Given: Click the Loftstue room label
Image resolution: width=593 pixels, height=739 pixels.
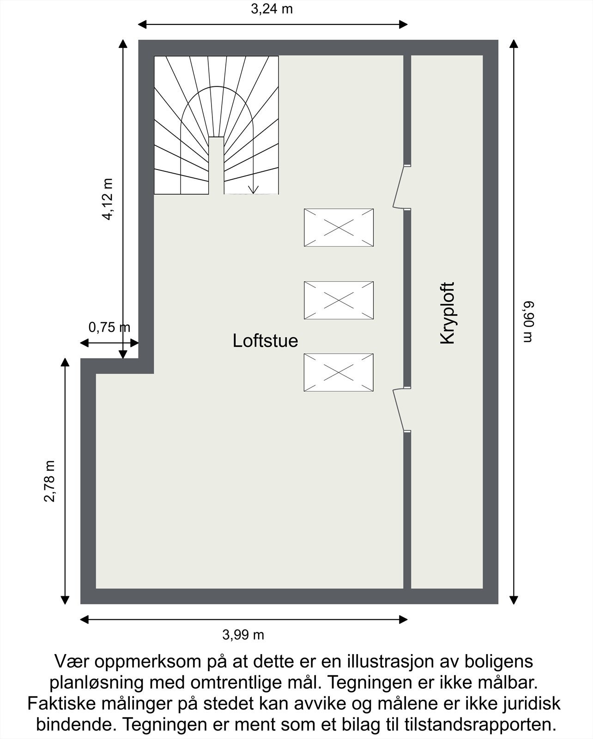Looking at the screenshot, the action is [265, 341].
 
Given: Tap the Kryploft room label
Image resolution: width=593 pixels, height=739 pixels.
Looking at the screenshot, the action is [448, 313].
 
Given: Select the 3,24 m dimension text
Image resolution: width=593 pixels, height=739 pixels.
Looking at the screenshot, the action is [272, 9].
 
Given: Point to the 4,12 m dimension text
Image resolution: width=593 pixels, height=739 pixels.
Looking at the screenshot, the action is [108, 199].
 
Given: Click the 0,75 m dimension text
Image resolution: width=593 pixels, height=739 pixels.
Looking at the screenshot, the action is [109, 327].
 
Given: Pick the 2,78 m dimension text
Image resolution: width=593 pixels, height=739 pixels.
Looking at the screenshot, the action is [50, 481].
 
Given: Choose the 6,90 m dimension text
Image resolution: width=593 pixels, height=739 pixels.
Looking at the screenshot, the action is [528, 322].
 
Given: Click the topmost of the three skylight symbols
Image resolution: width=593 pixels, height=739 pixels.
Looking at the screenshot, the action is [339, 227].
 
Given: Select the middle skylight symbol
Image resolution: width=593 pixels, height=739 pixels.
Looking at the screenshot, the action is [339, 300].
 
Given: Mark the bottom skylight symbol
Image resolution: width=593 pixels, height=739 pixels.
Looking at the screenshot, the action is [339, 372].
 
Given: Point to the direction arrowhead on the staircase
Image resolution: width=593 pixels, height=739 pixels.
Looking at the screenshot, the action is [254, 189].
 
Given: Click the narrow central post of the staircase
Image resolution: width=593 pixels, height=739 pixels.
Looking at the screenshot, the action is [216, 165].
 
